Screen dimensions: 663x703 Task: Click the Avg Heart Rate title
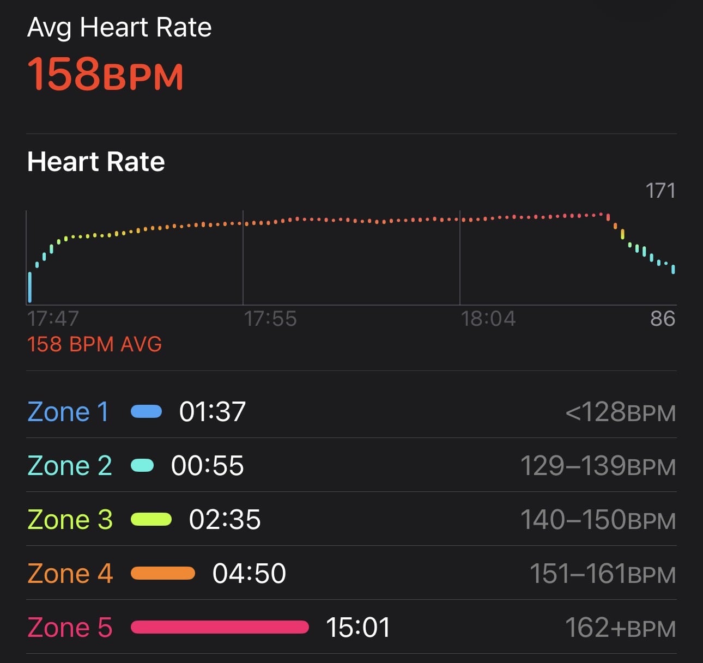[119, 27]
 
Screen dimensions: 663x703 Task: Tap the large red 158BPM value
[105, 75]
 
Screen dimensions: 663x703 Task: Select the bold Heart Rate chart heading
[96, 162]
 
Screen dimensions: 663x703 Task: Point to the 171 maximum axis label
[660, 191]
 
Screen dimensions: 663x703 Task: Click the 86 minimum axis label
[662, 318]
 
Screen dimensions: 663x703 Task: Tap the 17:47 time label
[53, 319]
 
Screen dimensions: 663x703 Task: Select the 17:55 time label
[270, 319]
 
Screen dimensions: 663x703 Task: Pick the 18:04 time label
[488, 319]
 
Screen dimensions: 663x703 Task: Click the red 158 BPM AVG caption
[95, 344]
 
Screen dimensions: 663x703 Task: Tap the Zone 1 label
[68, 412]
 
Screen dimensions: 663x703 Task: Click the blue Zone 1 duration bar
[147, 411]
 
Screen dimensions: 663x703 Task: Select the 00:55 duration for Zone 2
[208, 466]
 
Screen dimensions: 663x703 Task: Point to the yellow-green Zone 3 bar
[151, 519]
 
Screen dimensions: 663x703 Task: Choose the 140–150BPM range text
[598, 520]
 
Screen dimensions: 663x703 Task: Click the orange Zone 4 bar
[163, 573]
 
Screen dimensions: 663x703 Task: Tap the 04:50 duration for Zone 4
[249, 574]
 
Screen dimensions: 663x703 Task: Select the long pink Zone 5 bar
[220, 627]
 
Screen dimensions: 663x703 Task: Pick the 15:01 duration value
[358, 628]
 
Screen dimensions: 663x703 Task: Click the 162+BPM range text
[620, 628]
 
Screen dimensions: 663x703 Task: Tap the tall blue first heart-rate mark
[30, 287]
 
